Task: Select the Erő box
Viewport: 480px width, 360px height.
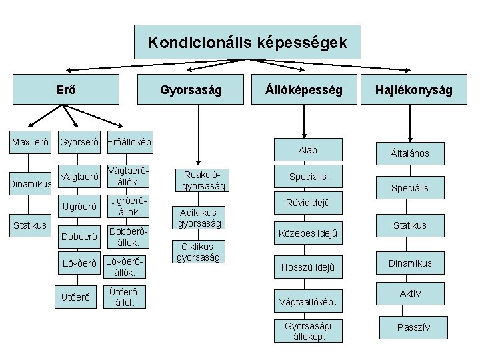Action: click(x=64, y=89)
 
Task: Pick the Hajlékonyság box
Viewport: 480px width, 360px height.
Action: click(x=413, y=89)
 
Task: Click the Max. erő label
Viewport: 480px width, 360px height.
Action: click(x=28, y=143)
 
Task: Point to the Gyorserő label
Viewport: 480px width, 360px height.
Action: click(x=79, y=143)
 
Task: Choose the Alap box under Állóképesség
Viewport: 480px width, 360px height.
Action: click(x=307, y=150)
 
